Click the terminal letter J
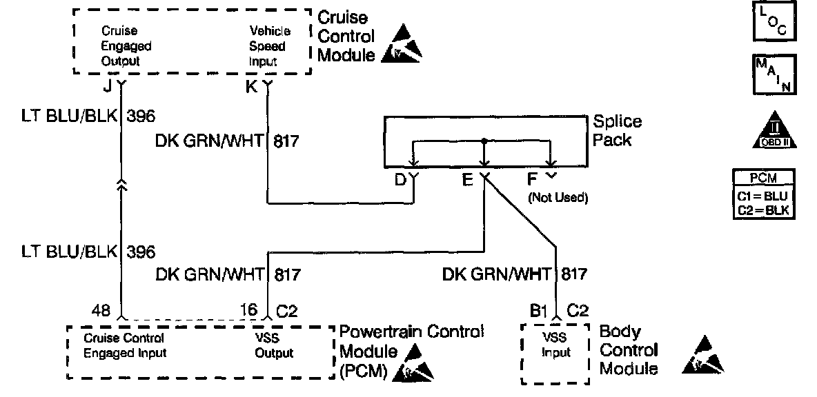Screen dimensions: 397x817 [108, 87]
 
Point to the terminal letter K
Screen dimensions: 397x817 [252, 87]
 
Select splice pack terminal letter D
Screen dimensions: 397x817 [400, 181]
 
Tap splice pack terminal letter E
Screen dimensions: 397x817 [468, 181]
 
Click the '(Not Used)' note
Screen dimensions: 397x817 [558, 198]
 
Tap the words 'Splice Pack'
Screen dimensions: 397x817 [617, 130]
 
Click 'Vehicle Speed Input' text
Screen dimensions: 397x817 [270, 46]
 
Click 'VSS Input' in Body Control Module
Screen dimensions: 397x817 [555, 347]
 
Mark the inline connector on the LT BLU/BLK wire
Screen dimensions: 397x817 [122, 187]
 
